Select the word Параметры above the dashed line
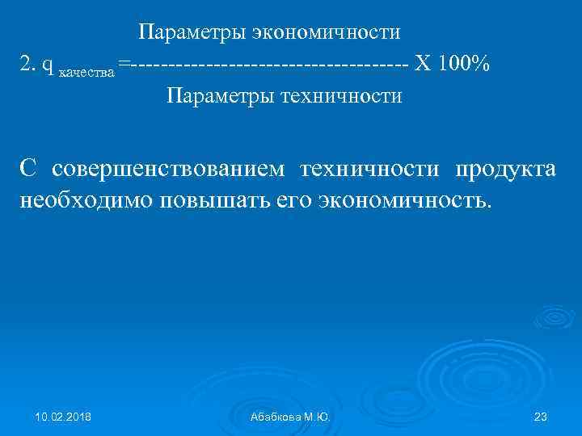191,32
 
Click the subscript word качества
88,69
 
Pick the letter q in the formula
49,65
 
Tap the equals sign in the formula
122,64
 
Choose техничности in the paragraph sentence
369,170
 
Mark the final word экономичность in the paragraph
403,201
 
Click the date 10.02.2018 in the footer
63,417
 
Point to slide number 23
542,417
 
